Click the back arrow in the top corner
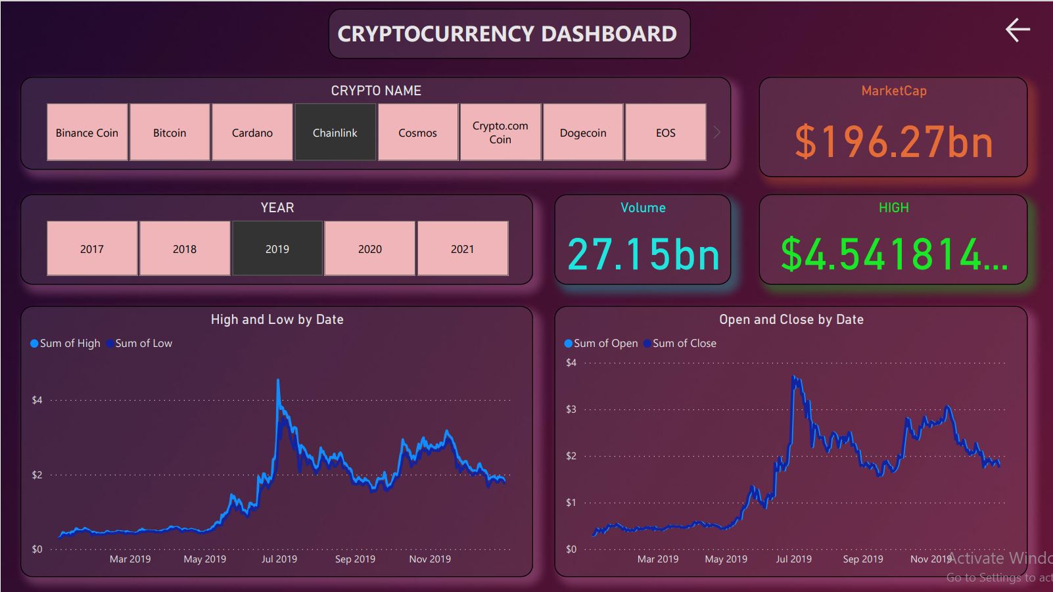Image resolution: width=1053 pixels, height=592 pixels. [1017, 30]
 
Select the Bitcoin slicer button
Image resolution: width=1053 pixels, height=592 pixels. [170, 132]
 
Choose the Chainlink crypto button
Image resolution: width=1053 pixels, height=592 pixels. [335, 132]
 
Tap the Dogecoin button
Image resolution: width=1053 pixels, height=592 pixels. [582, 132]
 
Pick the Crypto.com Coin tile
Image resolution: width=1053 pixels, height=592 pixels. [500, 132]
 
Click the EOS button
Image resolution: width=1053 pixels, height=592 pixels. [665, 132]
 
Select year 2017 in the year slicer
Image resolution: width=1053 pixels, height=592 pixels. [92, 248]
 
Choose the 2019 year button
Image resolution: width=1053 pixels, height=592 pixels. [277, 248]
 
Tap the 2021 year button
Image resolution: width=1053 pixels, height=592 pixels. [462, 248]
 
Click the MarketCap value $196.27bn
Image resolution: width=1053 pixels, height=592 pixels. [893, 142]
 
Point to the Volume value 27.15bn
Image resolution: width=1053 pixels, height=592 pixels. [643, 255]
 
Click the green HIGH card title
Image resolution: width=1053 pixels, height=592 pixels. [893, 208]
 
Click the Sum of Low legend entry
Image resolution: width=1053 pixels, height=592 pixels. [143, 343]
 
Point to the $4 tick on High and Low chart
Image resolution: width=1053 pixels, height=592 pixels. [37, 399]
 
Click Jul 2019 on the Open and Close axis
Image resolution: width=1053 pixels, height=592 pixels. [793, 558]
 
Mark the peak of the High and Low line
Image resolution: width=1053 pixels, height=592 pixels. [278, 380]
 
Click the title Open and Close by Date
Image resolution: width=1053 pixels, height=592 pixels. [791, 319]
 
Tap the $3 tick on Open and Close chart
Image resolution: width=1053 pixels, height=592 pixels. [571, 409]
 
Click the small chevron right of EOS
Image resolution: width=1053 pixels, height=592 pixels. [717, 132]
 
